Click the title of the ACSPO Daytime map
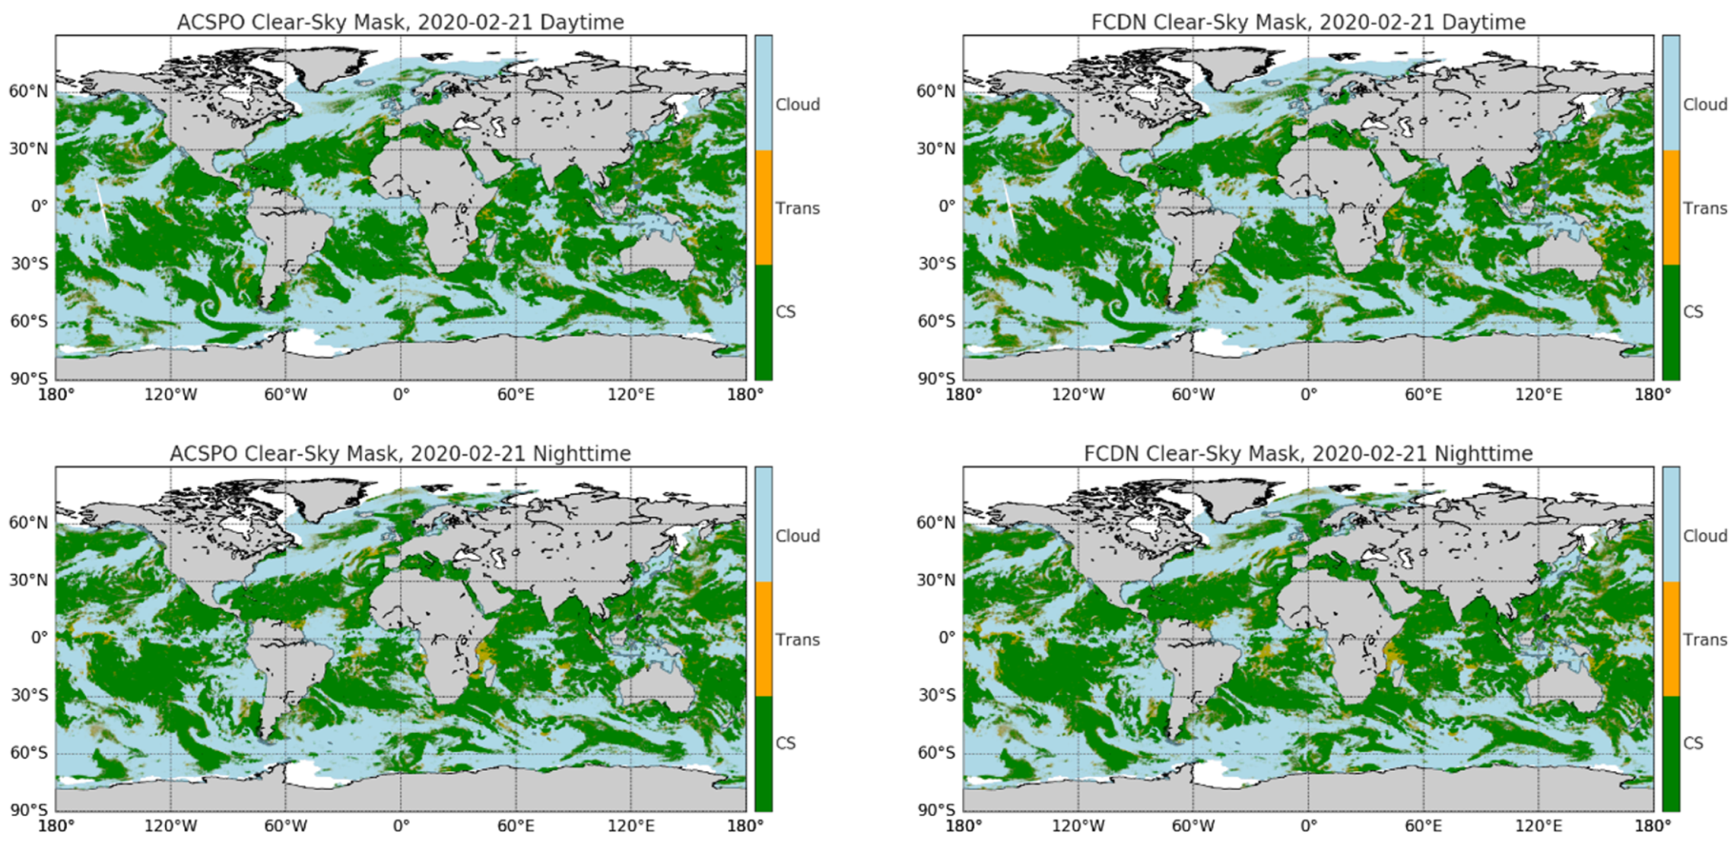pos(401,22)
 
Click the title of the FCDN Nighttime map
pos(1308,454)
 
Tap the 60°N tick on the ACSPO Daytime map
pos(28,91)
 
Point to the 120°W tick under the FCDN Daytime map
pos(1078,394)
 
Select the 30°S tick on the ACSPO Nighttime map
pos(28,695)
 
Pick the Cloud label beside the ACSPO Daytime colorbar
pos(798,105)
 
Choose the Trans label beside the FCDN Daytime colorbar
pos(1705,209)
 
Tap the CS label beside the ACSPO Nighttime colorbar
pos(785,743)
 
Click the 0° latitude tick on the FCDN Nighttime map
pos(946,637)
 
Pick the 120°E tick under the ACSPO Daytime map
pos(631,394)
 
